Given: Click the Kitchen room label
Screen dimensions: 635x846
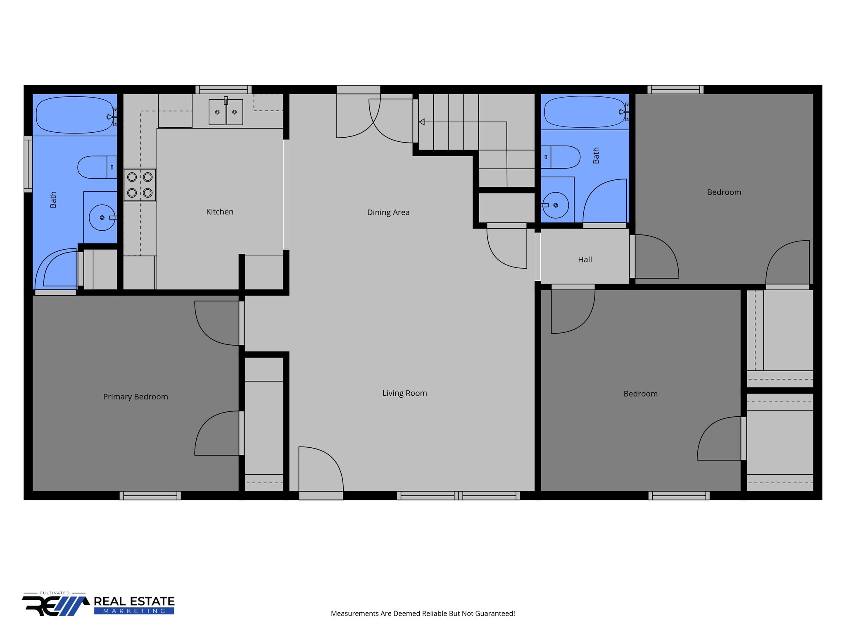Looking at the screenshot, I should click(x=220, y=212).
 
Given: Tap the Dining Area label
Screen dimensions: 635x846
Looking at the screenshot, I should click(x=388, y=212).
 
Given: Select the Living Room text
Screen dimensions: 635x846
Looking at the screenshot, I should click(x=404, y=393).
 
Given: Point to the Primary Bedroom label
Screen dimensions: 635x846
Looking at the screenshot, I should click(x=135, y=397).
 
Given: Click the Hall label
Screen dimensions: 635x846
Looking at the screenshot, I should click(x=585, y=260).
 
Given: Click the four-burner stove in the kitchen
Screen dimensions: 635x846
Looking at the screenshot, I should click(x=140, y=185).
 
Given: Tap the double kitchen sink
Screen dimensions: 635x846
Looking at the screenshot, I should click(x=226, y=112).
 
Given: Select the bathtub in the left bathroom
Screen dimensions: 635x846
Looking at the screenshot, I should click(x=74, y=115).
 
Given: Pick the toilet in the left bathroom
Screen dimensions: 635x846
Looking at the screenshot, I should click(x=97, y=167).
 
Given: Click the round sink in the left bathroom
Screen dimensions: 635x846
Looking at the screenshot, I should click(x=102, y=217).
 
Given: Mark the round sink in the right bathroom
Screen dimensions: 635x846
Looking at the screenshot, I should click(x=555, y=205).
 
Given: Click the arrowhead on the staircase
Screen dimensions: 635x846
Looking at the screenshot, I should click(x=422, y=122).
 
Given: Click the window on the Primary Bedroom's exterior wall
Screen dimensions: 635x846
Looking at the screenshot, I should click(x=150, y=496).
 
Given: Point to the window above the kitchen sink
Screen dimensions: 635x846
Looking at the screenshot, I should click(x=223, y=89).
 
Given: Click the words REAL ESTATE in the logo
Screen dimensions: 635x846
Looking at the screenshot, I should click(x=134, y=602).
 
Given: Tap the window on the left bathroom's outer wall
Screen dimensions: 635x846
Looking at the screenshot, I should click(x=28, y=164).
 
